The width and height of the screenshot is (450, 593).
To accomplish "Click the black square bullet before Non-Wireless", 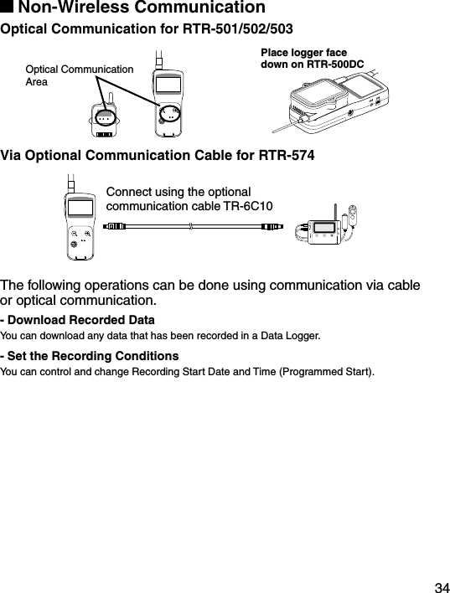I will (x=8, y=8).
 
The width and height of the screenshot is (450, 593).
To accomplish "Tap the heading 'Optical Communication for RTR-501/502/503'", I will (x=147, y=30).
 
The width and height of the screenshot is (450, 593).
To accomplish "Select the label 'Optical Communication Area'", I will (x=80, y=75).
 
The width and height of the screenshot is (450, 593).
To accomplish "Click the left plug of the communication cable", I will (x=113, y=225).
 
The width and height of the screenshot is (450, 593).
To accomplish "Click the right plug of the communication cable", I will (x=274, y=225).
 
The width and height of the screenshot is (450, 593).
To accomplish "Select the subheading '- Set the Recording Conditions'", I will (x=90, y=356).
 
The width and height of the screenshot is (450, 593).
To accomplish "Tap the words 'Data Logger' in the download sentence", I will (x=293, y=336).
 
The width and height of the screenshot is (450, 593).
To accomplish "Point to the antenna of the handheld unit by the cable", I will (x=73, y=183).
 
